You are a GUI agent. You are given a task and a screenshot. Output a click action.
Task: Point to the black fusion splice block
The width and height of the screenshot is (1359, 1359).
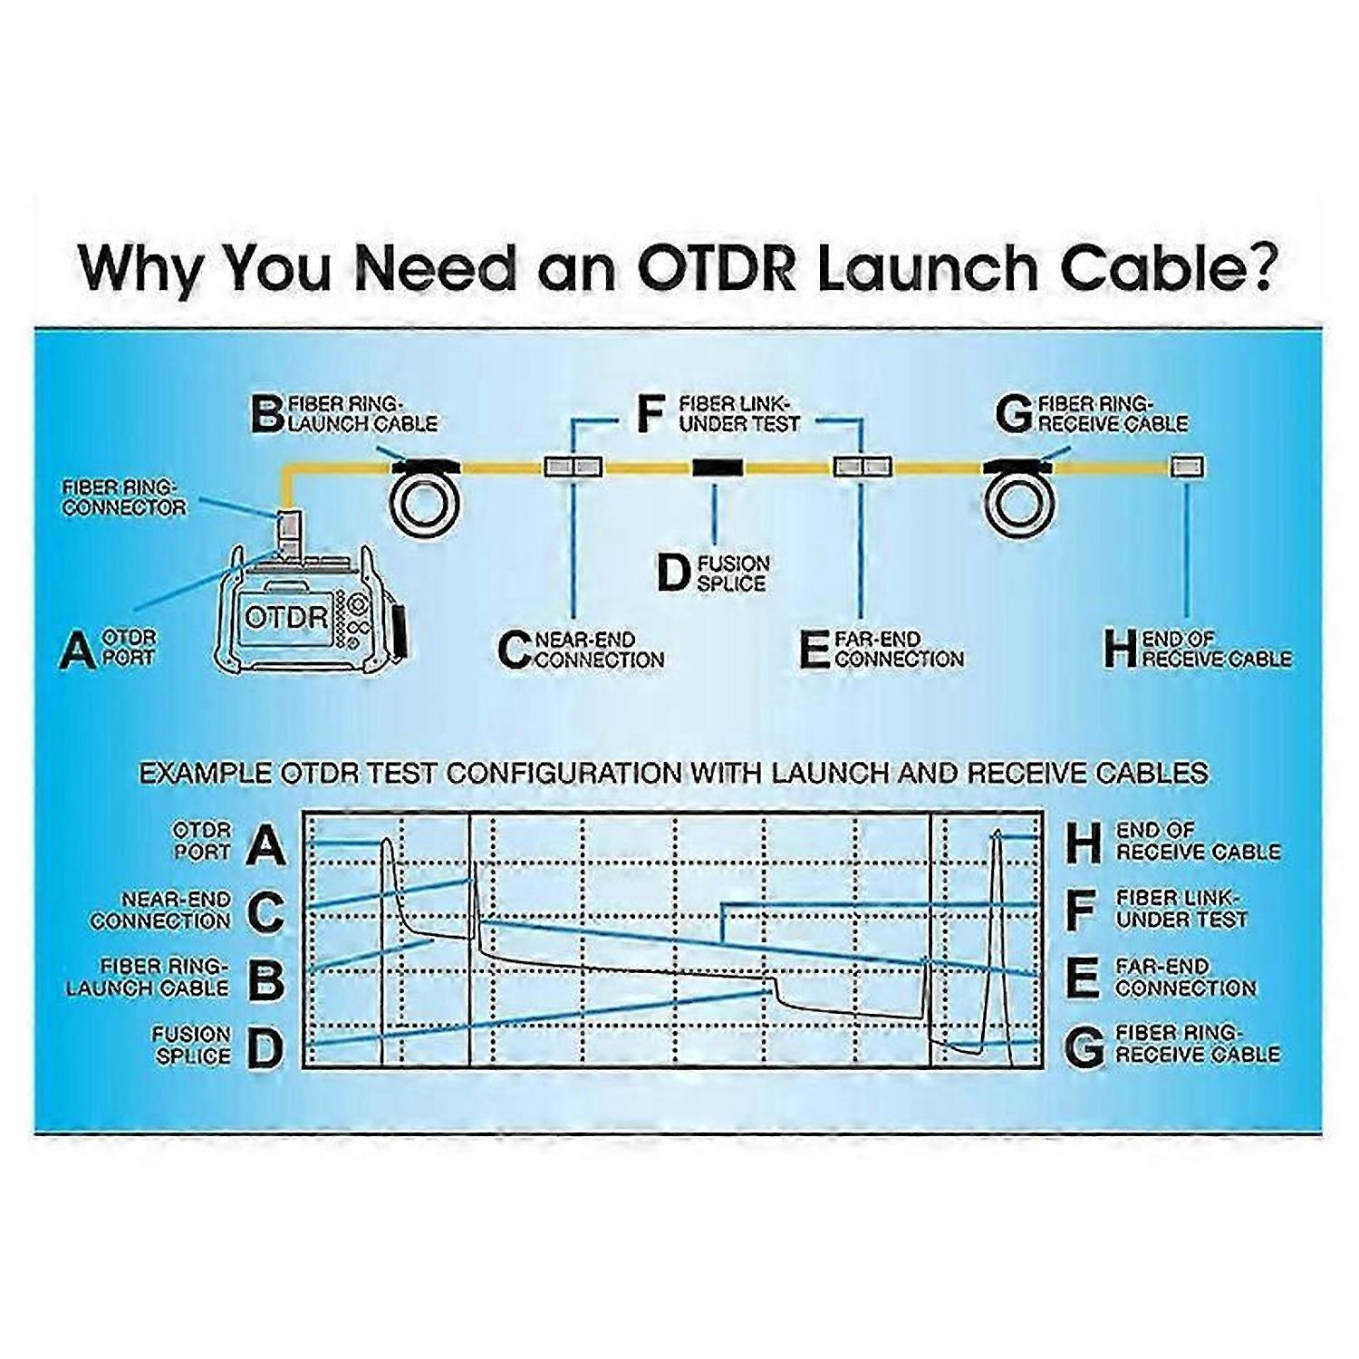pyautogui.click(x=718, y=467)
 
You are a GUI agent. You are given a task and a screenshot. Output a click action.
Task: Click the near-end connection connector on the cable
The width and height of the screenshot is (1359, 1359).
pyautogui.click(x=573, y=467)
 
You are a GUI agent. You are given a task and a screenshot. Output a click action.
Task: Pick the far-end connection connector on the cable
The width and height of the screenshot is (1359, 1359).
pyautogui.click(x=862, y=467)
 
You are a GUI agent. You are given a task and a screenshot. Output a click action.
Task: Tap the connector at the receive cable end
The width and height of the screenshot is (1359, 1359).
pyautogui.click(x=1187, y=467)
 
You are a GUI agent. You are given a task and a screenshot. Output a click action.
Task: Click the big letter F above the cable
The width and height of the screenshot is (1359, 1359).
pyautogui.click(x=651, y=413)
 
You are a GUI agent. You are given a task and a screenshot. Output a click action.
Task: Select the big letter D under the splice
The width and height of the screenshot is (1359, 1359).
pyautogui.click(x=673, y=573)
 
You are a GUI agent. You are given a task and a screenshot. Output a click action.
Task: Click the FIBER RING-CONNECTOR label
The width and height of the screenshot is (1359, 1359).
pyautogui.click(x=124, y=497)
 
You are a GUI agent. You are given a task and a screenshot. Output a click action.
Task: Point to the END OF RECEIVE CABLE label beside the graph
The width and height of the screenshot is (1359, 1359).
pyautogui.click(x=1198, y=841)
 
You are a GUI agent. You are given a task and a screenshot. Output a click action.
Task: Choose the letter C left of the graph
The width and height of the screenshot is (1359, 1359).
pyautogui.click(x=265, y=911)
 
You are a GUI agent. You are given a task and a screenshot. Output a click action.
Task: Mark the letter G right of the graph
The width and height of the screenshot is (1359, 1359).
pyautogui.click(x=1084, y=1046)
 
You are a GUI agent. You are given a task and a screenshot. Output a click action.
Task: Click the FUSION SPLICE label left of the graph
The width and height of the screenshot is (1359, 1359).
pyautogui.click(x=191, y=1045)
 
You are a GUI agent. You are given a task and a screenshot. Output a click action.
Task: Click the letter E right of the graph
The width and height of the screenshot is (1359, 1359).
pyautogui.click(x=1082, y=978)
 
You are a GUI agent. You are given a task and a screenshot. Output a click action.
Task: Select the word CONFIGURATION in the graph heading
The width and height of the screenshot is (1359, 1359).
pyautogui.click(x=564, y=773)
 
